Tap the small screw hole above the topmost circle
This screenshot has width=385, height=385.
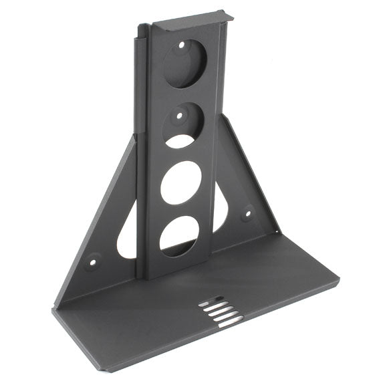(182, 45)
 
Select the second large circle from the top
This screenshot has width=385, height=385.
(184, 124)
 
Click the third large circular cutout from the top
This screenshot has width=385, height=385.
(180, 182)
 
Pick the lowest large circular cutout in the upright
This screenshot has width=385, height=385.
(178, 236)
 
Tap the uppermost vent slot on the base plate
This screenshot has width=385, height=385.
(212, 301)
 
